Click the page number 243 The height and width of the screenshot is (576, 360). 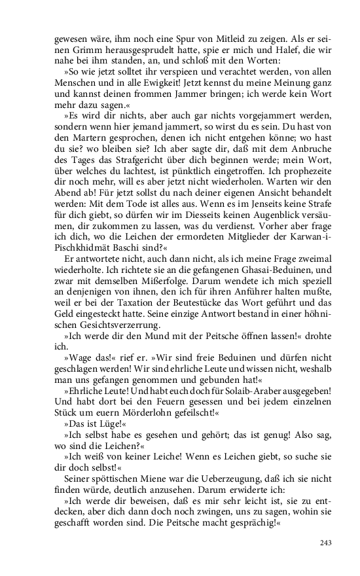point(326,542)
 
